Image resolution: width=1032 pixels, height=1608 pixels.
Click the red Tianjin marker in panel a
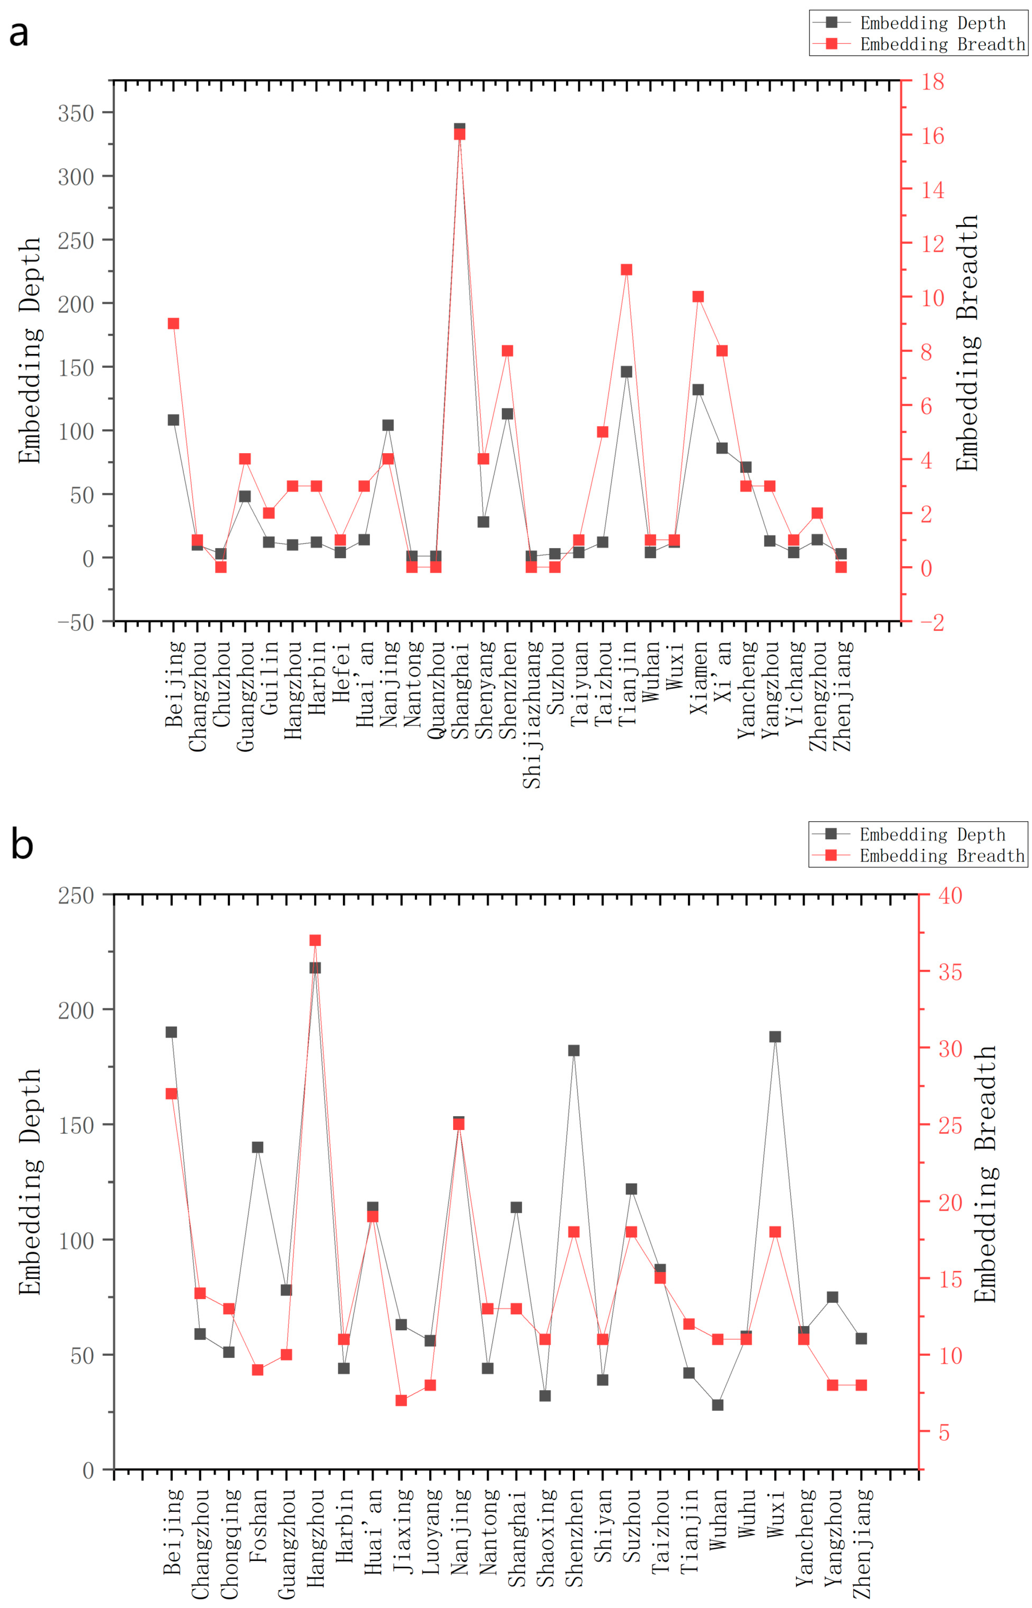(627, 270)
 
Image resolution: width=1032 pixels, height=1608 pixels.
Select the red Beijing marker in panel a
(173, 324)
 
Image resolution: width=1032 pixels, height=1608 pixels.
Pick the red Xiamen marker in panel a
(698, 297)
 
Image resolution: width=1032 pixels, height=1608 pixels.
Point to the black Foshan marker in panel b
(257, 1147)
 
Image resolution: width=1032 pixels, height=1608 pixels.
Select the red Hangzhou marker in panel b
(315, 940)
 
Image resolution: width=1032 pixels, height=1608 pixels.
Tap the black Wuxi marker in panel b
(775, 1037)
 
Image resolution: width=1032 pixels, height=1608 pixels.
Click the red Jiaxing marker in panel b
(402, 1400)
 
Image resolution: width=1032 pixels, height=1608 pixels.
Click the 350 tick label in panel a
(76, 113)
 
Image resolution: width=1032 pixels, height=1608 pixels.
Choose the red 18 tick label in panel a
(932, 82)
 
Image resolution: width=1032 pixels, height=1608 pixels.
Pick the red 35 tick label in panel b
(950, 972)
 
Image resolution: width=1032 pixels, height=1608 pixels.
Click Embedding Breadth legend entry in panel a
(918, 44)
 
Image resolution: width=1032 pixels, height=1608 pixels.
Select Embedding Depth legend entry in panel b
(909, 834)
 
